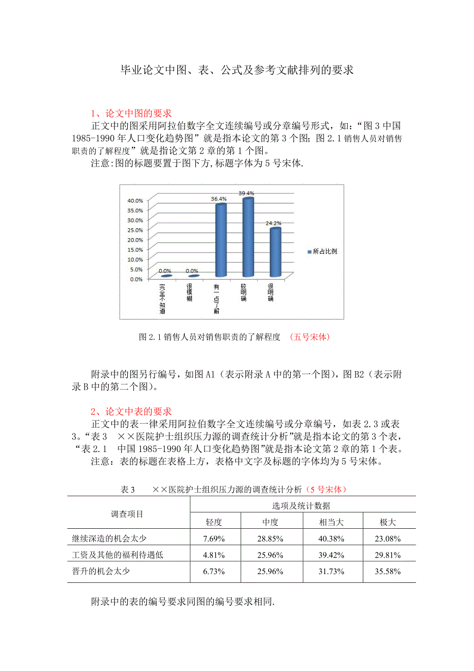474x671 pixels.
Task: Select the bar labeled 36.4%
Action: [221, 240]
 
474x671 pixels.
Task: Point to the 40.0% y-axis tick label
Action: [135, 200]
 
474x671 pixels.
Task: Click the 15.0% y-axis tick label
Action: [135, 249]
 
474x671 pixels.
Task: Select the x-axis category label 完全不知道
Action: [162, 298]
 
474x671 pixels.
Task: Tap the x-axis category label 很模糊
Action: [190, 292]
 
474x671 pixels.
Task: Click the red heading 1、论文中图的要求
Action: [131, 113]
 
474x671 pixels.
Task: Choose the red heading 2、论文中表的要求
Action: [131, 411]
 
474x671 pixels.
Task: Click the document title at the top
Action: [236, 70]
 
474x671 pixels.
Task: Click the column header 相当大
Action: [331, 522]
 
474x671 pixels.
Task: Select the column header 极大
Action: [387, 522]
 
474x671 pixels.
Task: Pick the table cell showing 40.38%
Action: [331, 539]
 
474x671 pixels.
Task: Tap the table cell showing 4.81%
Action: [213, 555]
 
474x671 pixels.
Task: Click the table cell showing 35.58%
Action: [387, 572]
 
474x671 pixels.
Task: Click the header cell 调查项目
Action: [127, 514]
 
